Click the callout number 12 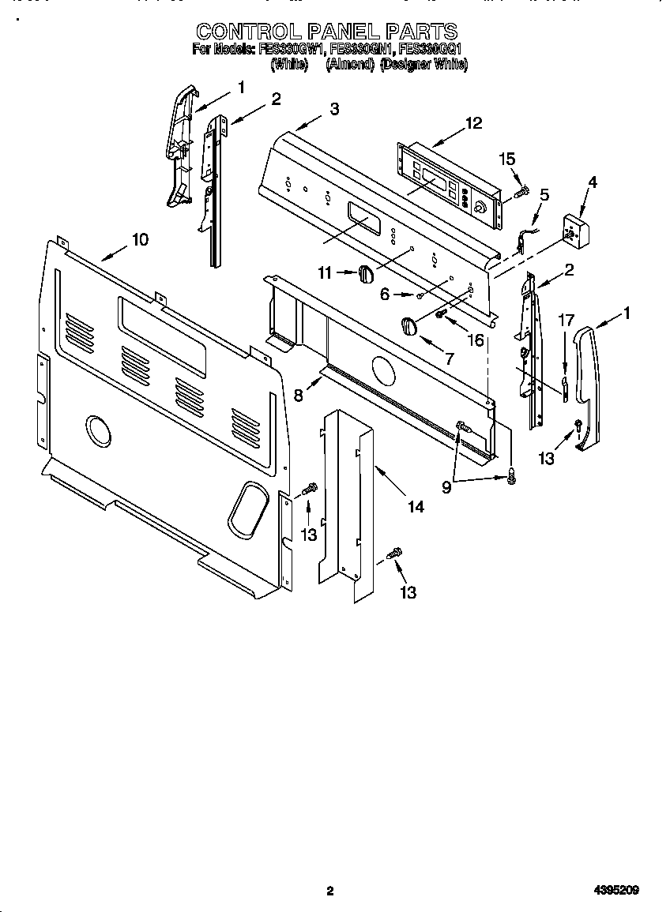pos(473,123)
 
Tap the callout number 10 pos(139,239)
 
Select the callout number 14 pos(416,507)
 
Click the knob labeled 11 pos(364,272)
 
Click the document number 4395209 pos(617,891)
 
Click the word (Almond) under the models pos(348,66)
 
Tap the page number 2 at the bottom pos(330,891)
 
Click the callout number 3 pos(335,109)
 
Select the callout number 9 pos(447,488)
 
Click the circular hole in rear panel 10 pos(100,431)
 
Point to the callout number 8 pos(299,396)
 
